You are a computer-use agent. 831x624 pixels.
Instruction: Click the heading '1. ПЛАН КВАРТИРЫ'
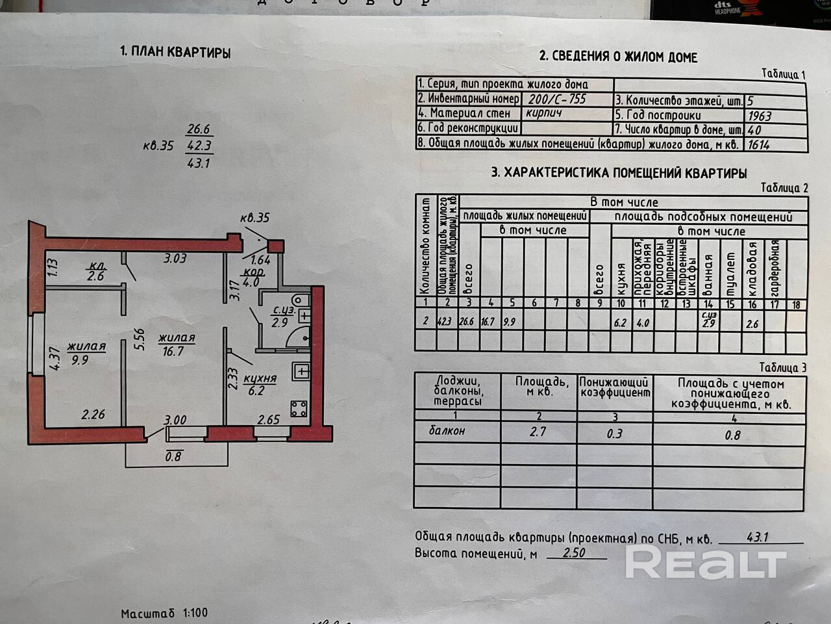click(x=175, y=53)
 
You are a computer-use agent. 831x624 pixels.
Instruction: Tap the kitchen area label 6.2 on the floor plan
click(x=256, y=391)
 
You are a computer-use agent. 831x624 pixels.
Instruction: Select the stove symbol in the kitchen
click(x=299, y=409)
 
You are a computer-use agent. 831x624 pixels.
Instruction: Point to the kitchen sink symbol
click(x=301, y=370)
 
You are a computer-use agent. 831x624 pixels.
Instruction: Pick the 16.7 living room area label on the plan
click(x=175, y=350)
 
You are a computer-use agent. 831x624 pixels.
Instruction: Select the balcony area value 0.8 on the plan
click(x=174, y=456)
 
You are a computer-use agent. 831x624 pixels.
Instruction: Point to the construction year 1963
click(x=760, y=116)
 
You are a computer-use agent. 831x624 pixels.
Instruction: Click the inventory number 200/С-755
click(x=557, y=99)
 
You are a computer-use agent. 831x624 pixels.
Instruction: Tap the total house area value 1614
click(x=758, y=144)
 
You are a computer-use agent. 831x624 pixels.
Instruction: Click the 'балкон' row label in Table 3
click(x=447, y=430)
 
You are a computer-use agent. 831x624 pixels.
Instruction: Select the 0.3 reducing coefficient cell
click(x=614, y=433)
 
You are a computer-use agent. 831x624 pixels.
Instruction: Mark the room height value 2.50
click(x=575, y=553)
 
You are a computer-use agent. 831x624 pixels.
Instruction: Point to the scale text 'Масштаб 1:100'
click(x=164, y=612)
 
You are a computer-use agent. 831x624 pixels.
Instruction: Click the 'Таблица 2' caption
click(x=784, y=188)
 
